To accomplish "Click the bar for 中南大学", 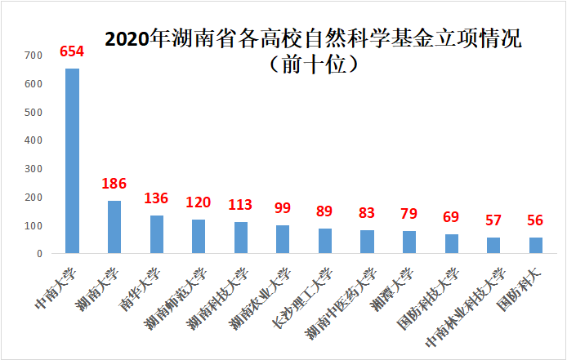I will [x=72, y=161].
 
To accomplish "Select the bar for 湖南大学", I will [x=114, y=227].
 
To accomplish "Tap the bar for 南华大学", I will [x=156, y=234].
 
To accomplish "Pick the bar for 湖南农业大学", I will [x=283, y=239].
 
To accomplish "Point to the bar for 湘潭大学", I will [x=409, y=242].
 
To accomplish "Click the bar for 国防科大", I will [x=536, y=245].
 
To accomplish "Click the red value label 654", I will [x=72, y=52].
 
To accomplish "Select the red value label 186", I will [x=114, y=184].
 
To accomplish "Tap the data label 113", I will [x=240, y=204].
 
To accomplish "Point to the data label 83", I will [x=367, y=213].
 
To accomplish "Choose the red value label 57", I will [x=493, y=220].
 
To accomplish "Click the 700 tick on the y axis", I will [x=33, y=56].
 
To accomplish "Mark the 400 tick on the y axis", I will [x=33, y=140].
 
